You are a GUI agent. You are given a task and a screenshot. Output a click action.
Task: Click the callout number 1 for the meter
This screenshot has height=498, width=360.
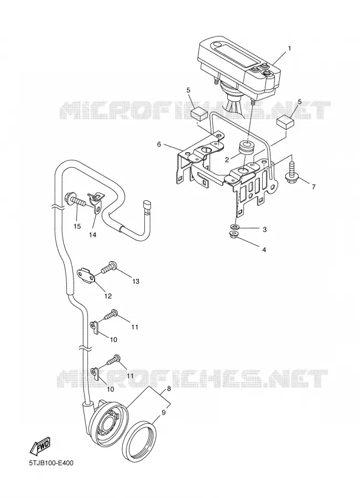point(289,48)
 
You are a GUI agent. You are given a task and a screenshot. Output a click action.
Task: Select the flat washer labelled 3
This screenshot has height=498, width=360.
point(235,227)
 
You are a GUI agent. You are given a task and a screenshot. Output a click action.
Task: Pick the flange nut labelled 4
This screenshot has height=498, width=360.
point(234,235)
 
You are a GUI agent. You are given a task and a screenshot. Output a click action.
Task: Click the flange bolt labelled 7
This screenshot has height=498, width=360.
point(291,173)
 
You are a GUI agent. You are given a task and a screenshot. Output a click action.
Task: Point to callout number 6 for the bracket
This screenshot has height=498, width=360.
point(159,144)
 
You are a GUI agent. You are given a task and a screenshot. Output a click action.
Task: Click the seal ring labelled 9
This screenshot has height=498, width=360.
point(140,440)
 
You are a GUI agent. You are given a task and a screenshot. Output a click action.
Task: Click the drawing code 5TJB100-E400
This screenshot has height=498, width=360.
point(51,463)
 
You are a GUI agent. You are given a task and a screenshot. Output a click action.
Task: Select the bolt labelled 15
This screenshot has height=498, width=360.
point(76,200)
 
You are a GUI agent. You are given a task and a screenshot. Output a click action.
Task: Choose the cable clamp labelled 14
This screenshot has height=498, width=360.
point(95,202)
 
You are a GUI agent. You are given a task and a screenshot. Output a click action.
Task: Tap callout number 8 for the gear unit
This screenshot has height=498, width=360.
point(169,388)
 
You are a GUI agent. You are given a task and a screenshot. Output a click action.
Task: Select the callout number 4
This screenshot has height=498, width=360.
point(264,250)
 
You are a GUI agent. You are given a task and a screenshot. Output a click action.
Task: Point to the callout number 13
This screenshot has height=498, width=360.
point(135,282)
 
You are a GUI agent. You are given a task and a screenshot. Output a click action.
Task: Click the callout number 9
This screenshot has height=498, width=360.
point(164,413)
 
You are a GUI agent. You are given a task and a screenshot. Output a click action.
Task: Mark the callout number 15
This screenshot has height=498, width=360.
point(77,226)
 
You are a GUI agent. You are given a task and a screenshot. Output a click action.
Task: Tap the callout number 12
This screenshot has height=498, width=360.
point(108,296)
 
